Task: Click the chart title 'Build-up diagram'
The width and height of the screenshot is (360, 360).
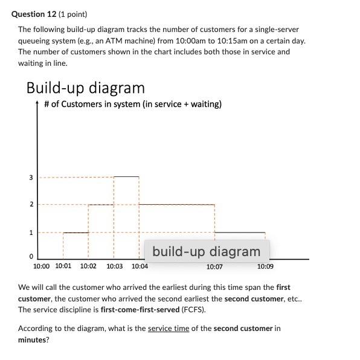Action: pos(85,88)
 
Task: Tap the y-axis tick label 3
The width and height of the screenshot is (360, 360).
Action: pos(31,178)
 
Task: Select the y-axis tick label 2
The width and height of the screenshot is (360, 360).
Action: pos(31,205)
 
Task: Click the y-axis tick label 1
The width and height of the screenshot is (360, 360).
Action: pos(31,232)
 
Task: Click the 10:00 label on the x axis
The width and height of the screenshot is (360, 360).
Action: pos(42,266)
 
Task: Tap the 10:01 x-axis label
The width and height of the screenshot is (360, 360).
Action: pos(63,266)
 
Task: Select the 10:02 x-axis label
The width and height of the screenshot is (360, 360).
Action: pos(88,266)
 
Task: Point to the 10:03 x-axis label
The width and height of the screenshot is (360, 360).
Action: pos(114,266)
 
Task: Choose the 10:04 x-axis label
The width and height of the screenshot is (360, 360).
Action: pos(140,266)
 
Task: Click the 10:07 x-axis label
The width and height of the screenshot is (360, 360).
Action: pos(214,266)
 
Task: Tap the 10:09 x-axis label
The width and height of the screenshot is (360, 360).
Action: pos(265,266)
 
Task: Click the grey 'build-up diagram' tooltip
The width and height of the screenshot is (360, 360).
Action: pos(207,251)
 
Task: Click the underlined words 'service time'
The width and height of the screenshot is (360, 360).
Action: pos(169,329)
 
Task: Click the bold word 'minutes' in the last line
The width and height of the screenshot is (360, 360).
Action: pos(33,339)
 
